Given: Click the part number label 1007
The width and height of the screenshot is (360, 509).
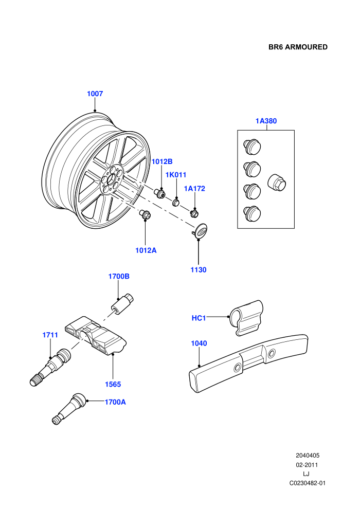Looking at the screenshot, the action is coord(95,94).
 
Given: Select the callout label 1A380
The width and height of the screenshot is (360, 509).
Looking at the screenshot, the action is coord(266,121).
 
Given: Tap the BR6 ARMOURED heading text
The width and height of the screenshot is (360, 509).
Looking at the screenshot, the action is coord(298,47).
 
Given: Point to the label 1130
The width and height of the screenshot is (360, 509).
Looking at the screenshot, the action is coord(199,270).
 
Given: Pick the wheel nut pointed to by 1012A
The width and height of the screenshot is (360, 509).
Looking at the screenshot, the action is coord(145,214).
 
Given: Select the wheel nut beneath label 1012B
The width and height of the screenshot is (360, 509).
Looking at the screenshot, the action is coord(160,192).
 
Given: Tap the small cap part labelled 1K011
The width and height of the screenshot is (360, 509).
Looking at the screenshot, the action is coord(176,202).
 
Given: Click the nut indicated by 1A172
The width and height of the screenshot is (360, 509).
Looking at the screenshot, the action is coord(194,213).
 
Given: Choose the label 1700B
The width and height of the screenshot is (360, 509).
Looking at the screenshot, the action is coord(119,277).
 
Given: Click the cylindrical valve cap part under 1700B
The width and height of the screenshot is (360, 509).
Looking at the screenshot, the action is coord(123,303).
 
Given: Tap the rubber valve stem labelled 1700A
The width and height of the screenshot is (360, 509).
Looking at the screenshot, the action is coord(69,409).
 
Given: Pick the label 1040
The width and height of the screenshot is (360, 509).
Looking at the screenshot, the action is coord(199,343).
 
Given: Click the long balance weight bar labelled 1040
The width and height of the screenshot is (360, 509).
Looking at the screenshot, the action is coord(248,362).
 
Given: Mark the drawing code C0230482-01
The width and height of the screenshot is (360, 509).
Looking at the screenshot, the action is coord(308,483).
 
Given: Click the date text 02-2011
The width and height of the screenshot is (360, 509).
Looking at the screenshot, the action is coord(307,465).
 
